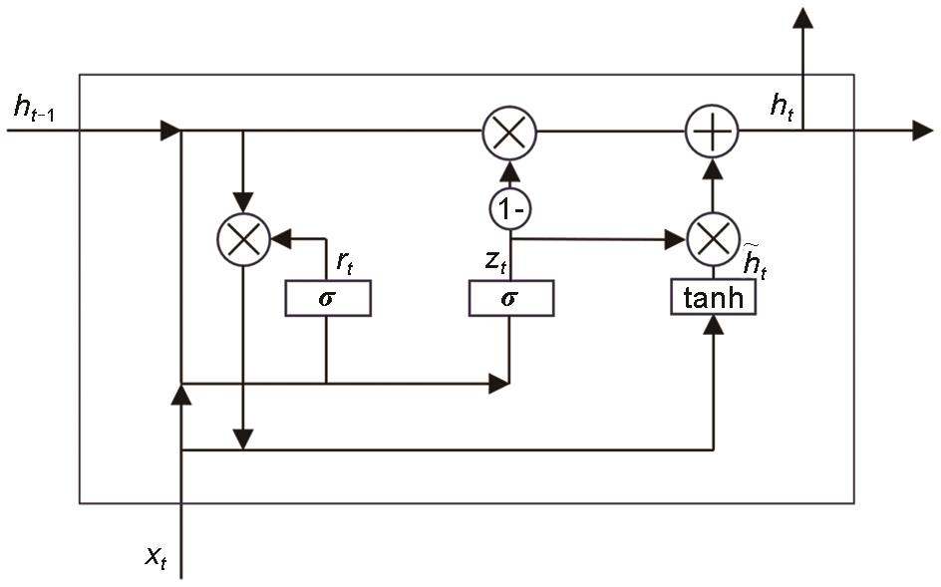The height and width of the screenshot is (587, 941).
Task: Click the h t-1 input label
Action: point(35,110)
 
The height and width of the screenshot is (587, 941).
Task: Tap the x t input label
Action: point(156,558)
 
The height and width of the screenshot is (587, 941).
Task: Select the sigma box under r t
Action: point(327,298)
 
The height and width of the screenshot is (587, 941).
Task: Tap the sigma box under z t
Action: point(510,298)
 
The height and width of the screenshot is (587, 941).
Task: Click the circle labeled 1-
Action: point(510,211)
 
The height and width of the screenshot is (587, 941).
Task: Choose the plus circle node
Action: point(713,131)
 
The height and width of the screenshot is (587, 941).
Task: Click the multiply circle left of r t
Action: point(244,239)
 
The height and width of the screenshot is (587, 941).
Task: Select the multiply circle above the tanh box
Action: point(713,239)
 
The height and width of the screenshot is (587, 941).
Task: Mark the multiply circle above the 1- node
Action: point(509,131)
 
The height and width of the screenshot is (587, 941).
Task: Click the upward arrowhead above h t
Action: point(802,15)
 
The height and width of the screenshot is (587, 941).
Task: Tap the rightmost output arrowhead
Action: point(922,131)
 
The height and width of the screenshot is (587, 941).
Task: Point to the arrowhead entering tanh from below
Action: point(713,328)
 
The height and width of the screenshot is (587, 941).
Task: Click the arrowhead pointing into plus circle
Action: point(713,167)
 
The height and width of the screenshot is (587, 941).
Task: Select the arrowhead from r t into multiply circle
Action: point(280,239)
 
